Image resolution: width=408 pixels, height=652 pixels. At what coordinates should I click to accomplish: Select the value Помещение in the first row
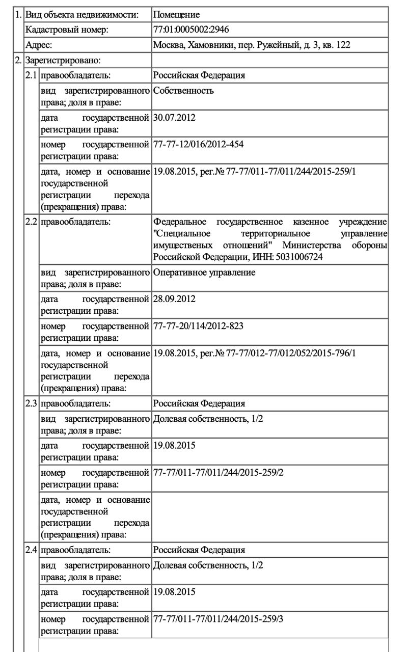point(176,15)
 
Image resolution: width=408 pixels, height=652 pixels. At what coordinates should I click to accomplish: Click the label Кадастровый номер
point(67,30)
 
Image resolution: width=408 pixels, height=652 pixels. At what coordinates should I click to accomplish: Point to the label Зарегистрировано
point(63,61)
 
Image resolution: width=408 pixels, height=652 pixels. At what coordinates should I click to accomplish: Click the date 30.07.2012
point(174,118)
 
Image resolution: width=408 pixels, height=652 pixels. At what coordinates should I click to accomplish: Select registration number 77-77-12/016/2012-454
point(198,145)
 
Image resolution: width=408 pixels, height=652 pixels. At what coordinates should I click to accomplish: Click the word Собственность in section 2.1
point(183,91)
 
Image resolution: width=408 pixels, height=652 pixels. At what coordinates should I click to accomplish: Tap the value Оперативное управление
point(204,273)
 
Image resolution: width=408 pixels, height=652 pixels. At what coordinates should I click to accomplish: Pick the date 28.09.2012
point(174,299)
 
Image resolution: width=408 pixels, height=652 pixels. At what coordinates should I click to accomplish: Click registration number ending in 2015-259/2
point(218,473)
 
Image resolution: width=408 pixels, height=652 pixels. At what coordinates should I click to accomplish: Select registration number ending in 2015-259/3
point(218,619)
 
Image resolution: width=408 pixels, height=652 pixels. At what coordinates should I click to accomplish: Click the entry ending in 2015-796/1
point(254,352)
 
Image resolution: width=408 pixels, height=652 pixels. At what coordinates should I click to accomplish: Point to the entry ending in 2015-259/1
point(254,171)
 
